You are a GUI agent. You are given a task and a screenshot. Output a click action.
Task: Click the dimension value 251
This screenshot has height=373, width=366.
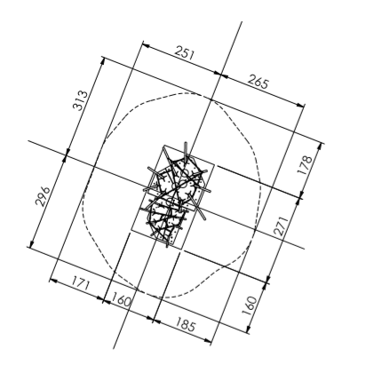tap(185, 53)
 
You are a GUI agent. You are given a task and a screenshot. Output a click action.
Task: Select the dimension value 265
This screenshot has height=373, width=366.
tap(258, 82)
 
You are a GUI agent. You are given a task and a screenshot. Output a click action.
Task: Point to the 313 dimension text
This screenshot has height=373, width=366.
tap(81, 100)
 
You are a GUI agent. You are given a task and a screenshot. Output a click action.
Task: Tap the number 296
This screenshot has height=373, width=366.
tap(43, 196)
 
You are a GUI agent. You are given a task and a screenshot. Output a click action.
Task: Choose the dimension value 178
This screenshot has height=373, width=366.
tap(306, 165)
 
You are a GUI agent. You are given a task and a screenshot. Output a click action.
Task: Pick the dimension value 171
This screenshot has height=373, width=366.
tap(79, 284)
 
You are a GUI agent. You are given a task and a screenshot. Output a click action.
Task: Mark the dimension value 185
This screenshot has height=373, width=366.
tap(186, 324)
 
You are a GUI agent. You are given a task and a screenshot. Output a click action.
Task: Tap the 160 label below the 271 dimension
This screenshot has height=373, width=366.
tap(250, 306)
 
